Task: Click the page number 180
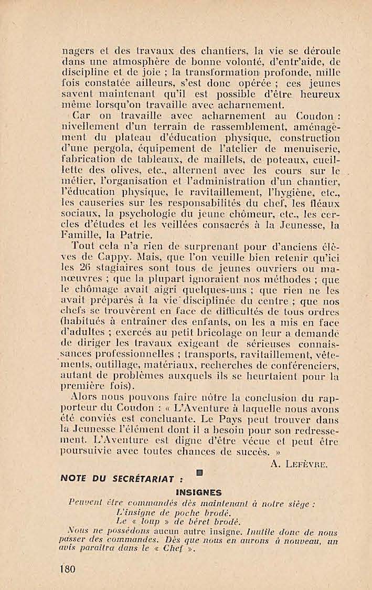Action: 68,570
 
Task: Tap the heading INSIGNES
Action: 199,492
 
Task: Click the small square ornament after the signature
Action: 199,473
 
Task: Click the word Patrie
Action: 135,235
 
